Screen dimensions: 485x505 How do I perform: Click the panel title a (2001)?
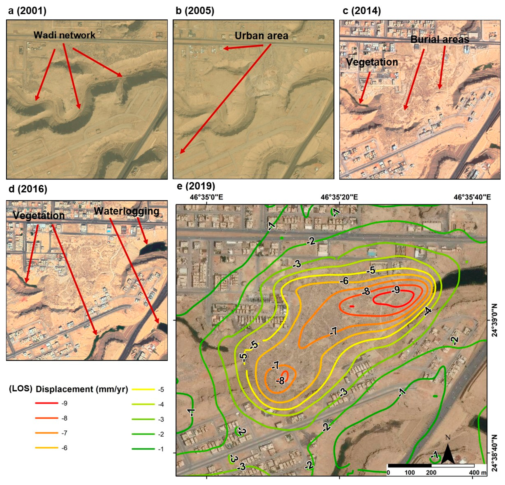pos(27,11)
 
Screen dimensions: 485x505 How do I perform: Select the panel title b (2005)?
pos(195,11)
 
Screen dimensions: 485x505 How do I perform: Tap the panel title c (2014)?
pos(361,11)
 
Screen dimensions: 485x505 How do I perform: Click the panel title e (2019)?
pos(196,186)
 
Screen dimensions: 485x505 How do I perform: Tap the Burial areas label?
pos(439,39)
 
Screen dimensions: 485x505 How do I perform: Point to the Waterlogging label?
pos(127,211)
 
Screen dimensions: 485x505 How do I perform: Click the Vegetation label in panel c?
pos(372,62)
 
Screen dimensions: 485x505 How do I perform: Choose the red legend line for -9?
pos(46,403)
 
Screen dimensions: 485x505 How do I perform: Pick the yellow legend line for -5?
pos(143,389)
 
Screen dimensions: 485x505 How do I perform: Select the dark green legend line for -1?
pos(143,449)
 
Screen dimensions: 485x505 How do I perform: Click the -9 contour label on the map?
pos(395,290)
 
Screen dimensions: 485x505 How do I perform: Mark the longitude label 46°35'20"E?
pos(339,197)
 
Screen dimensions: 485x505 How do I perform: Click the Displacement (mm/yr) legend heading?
pos(82,389)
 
